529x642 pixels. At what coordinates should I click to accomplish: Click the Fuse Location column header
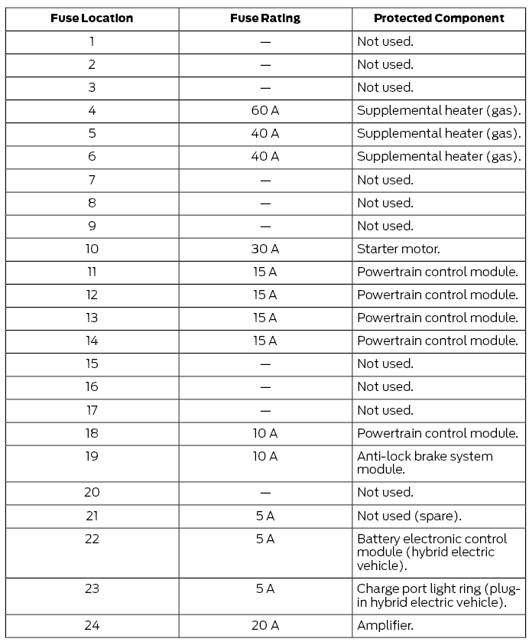92,18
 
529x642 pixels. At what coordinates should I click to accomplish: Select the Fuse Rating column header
265,18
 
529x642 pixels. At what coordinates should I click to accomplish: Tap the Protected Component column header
439,18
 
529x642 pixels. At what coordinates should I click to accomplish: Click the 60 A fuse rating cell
265,110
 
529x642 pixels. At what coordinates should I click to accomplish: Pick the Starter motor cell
398,249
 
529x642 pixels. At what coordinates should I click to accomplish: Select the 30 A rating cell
265,249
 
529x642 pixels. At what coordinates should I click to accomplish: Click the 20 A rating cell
265,625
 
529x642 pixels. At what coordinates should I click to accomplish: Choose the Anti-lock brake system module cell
425,462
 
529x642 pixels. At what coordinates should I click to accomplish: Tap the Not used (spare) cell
409,515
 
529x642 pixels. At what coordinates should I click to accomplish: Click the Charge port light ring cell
438,595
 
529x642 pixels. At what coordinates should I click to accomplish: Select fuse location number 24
92,625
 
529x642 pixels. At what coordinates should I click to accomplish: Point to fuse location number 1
92,41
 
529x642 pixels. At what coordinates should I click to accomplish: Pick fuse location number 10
92,249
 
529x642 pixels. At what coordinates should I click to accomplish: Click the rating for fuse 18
265,433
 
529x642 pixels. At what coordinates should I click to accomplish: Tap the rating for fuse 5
265,133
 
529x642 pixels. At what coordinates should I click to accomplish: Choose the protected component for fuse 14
437,341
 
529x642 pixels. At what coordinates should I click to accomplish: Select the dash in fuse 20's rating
265,492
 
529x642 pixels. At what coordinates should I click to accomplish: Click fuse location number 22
92,539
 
